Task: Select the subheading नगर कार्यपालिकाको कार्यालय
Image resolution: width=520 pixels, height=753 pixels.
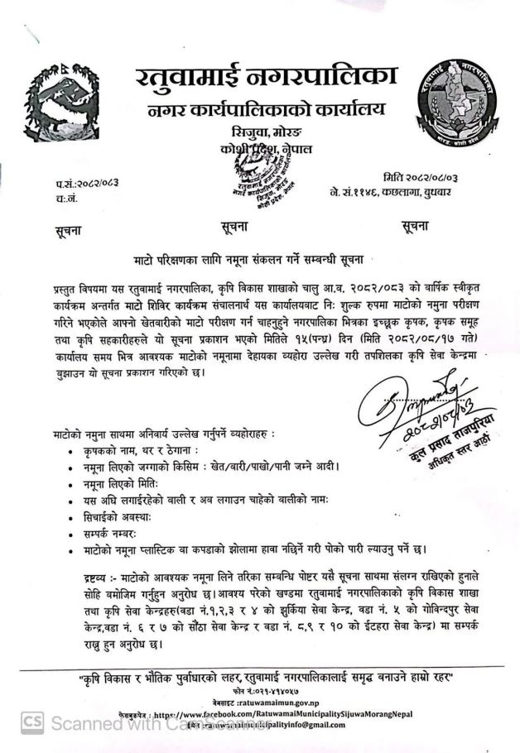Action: pos(265,111)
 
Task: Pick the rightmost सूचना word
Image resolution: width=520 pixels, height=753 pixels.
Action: pos(413,225)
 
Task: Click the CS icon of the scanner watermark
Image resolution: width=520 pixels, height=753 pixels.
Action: pos(32,722)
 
